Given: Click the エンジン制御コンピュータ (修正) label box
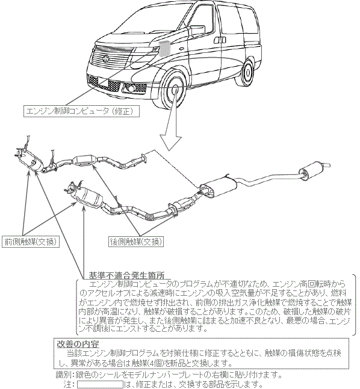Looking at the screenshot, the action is (81, 111).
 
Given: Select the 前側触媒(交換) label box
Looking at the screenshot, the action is (31, 241).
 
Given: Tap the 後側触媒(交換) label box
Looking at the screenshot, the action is (136, 241).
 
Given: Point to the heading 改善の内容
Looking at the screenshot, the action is (78, 344).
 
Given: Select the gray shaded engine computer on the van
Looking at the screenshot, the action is (164, 48).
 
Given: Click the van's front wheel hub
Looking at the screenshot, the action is (175, 90).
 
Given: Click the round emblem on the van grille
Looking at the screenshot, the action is (106, 59).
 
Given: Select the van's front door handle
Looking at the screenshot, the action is (220, 40).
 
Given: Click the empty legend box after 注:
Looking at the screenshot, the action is (100, 384).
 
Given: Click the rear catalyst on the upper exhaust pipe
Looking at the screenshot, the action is (84, 160).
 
